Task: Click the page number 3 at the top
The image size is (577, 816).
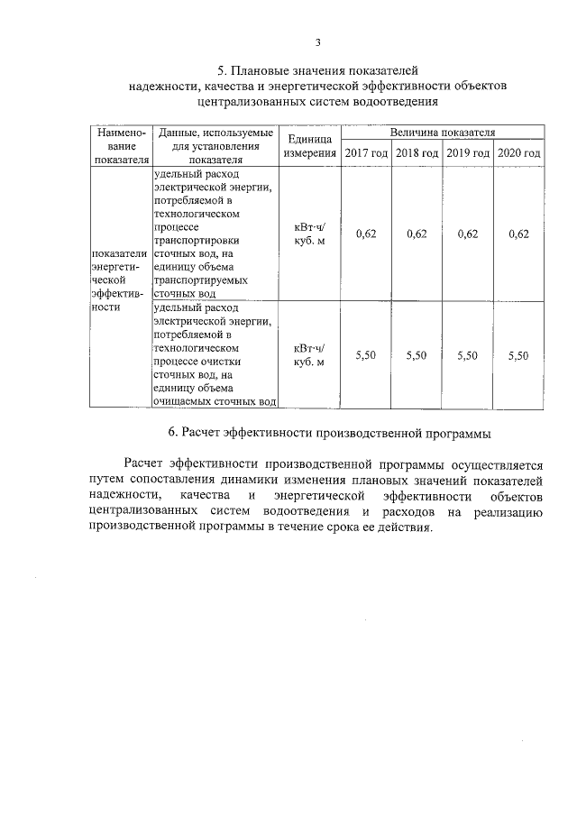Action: tap(317, 41)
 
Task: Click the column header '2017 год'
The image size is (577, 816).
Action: tap(366, 153)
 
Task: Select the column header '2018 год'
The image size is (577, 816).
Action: tap(417, 153)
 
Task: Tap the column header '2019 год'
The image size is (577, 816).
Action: tap(467, 153)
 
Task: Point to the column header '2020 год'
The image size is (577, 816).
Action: tap(518, 153)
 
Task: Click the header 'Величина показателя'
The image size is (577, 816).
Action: tap(442, 132)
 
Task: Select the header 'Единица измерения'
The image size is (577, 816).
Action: tap(309, 146)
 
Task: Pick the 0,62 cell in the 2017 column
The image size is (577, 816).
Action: tap(366, 234)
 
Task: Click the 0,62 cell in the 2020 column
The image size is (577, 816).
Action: tap(518, 234)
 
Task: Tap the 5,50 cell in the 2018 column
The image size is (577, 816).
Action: tap(417, 355)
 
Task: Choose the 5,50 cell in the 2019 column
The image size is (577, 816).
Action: tap(467, 355)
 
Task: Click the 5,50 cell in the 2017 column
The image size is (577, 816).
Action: tap(366, 355)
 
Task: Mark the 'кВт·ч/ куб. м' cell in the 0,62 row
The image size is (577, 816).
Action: tap(309, 234)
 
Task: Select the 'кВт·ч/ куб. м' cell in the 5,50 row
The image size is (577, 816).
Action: tap(309, 355)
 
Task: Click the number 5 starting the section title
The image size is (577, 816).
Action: tap(222, 70)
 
